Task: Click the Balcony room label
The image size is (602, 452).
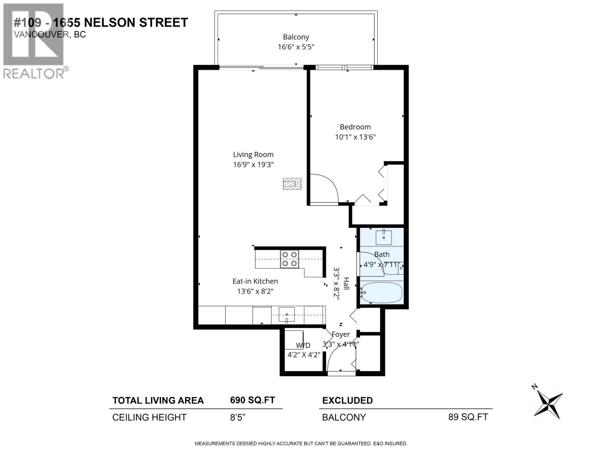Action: coord(296,37)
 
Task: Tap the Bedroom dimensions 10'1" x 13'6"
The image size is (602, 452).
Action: coord(355,137)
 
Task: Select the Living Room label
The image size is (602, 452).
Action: coord(253,154)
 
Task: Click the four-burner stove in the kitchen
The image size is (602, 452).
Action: coord(289,259)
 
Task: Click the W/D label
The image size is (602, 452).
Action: coord(303,345)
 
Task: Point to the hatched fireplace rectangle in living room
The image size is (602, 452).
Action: coord(292,184)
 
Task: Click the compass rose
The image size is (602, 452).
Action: coord(549,405)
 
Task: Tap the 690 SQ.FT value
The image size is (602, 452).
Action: coord(252,400)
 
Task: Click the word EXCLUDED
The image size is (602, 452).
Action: coord(347,400)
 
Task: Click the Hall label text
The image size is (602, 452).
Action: coord(346,284)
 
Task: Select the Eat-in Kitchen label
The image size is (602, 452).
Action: coord(255,281)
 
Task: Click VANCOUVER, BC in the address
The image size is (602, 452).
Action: coord(50,35)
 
